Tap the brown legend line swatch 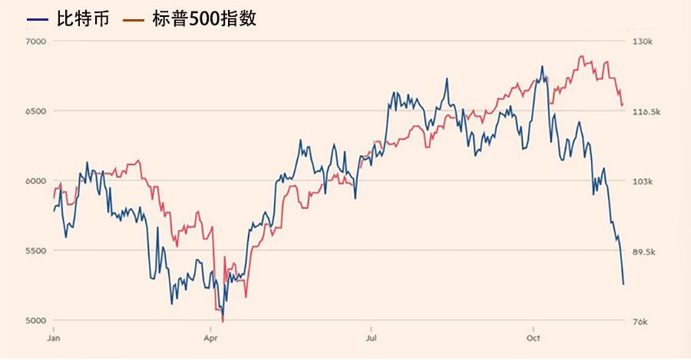click(134, 19)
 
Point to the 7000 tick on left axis click(37, 41)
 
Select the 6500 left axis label click(37, 111)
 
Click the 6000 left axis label click(37, 181)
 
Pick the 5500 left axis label click(37, 251)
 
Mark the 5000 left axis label click(37, 321)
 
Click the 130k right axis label click(642, 41)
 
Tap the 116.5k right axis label click(645, 112)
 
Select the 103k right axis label click(642, 182)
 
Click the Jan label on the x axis click(54, 337)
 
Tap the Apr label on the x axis click(210, 337)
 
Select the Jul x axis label click(371, 337)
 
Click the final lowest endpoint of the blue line click(623, 285)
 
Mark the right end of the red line click(623, 104)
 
